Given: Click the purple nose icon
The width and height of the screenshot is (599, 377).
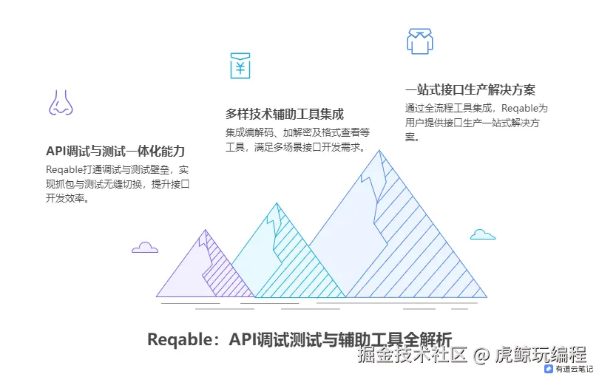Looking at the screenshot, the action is click(61, 103).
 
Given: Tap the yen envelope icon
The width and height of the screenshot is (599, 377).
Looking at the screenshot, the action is click(240, 65).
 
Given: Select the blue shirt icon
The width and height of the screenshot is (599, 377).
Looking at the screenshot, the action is click(419, 41).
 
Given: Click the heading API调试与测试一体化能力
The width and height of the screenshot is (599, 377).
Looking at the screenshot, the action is click(115, 151).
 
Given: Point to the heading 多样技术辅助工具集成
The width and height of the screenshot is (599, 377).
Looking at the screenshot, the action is click(284, 114).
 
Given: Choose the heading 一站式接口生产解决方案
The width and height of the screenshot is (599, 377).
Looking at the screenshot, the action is click(470, 90).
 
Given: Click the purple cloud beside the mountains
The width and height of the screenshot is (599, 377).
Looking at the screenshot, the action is click(144, 248).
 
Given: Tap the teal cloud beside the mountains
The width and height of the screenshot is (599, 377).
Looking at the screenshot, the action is click(482, 234).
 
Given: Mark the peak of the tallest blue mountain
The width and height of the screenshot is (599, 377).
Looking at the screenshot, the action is click(380, 151).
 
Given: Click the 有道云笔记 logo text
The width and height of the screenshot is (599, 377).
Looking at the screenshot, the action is click(574, 368).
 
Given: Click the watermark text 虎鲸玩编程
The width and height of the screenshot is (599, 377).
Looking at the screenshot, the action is click(540, 355).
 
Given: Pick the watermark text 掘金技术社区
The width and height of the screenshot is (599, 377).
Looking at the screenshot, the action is click(413, 355).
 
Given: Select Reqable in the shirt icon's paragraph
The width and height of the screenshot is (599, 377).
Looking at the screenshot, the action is click(516, 109).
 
